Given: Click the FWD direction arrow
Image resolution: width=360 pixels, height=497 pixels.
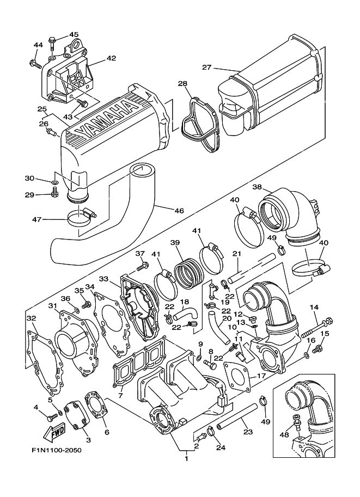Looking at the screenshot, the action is click(x=54, y=432).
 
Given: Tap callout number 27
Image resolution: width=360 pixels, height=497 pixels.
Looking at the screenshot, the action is click(x=206, y=68).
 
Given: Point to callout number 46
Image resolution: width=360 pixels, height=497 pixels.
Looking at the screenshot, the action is click(x=179, y=211).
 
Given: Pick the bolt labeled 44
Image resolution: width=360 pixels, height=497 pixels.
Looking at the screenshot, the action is click(x=35, y=64).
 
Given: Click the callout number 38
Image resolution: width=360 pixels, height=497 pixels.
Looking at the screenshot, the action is click(x=257, y=187).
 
